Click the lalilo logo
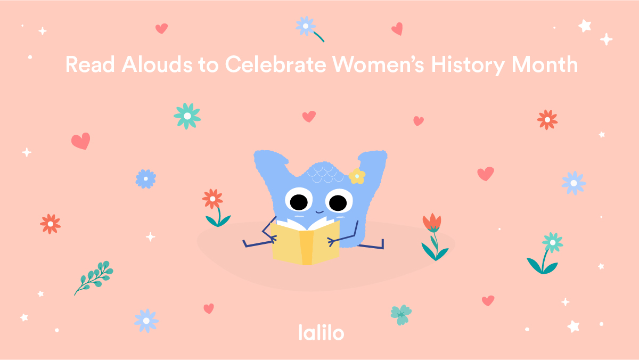pyautogui.click(x=321, y=332)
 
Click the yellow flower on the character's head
pyautogui.click(x=357, y=176)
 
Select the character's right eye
pyautogui.click(x=337, y=202)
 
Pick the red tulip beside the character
pyautogui.click(x=432, y=224)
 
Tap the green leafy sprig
pyautogui.click(x=95, y=276)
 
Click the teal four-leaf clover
pyautogui.click(x=400, y=314)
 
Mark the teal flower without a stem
pyautogui.click(x=187, y=116)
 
